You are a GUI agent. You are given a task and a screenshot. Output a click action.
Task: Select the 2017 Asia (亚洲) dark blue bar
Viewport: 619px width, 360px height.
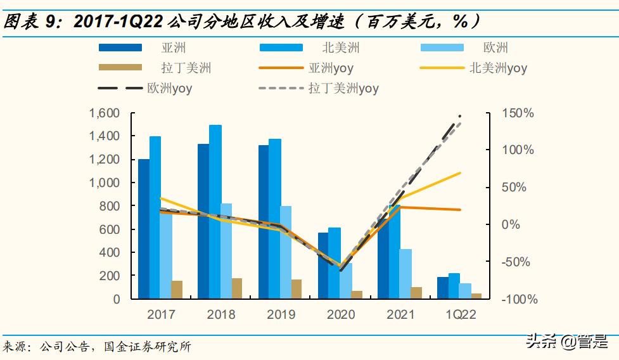point(144,228)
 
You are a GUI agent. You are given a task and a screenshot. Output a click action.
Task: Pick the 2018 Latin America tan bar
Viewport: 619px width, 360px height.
point(237,288)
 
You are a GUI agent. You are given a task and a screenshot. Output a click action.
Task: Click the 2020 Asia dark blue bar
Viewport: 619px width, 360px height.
point(323,266)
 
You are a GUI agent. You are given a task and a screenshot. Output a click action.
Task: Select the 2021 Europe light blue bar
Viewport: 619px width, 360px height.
point(405,273)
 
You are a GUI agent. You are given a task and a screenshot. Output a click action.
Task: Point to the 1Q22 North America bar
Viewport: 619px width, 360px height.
point(454,286)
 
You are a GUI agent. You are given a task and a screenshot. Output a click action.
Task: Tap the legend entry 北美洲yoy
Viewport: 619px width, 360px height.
point(498,68)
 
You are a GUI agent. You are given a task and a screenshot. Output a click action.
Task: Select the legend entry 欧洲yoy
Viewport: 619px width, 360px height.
point(169,88)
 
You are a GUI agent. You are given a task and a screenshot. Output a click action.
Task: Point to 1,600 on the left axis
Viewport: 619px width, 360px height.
point(105,113)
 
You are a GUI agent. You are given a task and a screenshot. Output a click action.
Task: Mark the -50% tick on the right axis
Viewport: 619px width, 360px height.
point(519,262)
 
